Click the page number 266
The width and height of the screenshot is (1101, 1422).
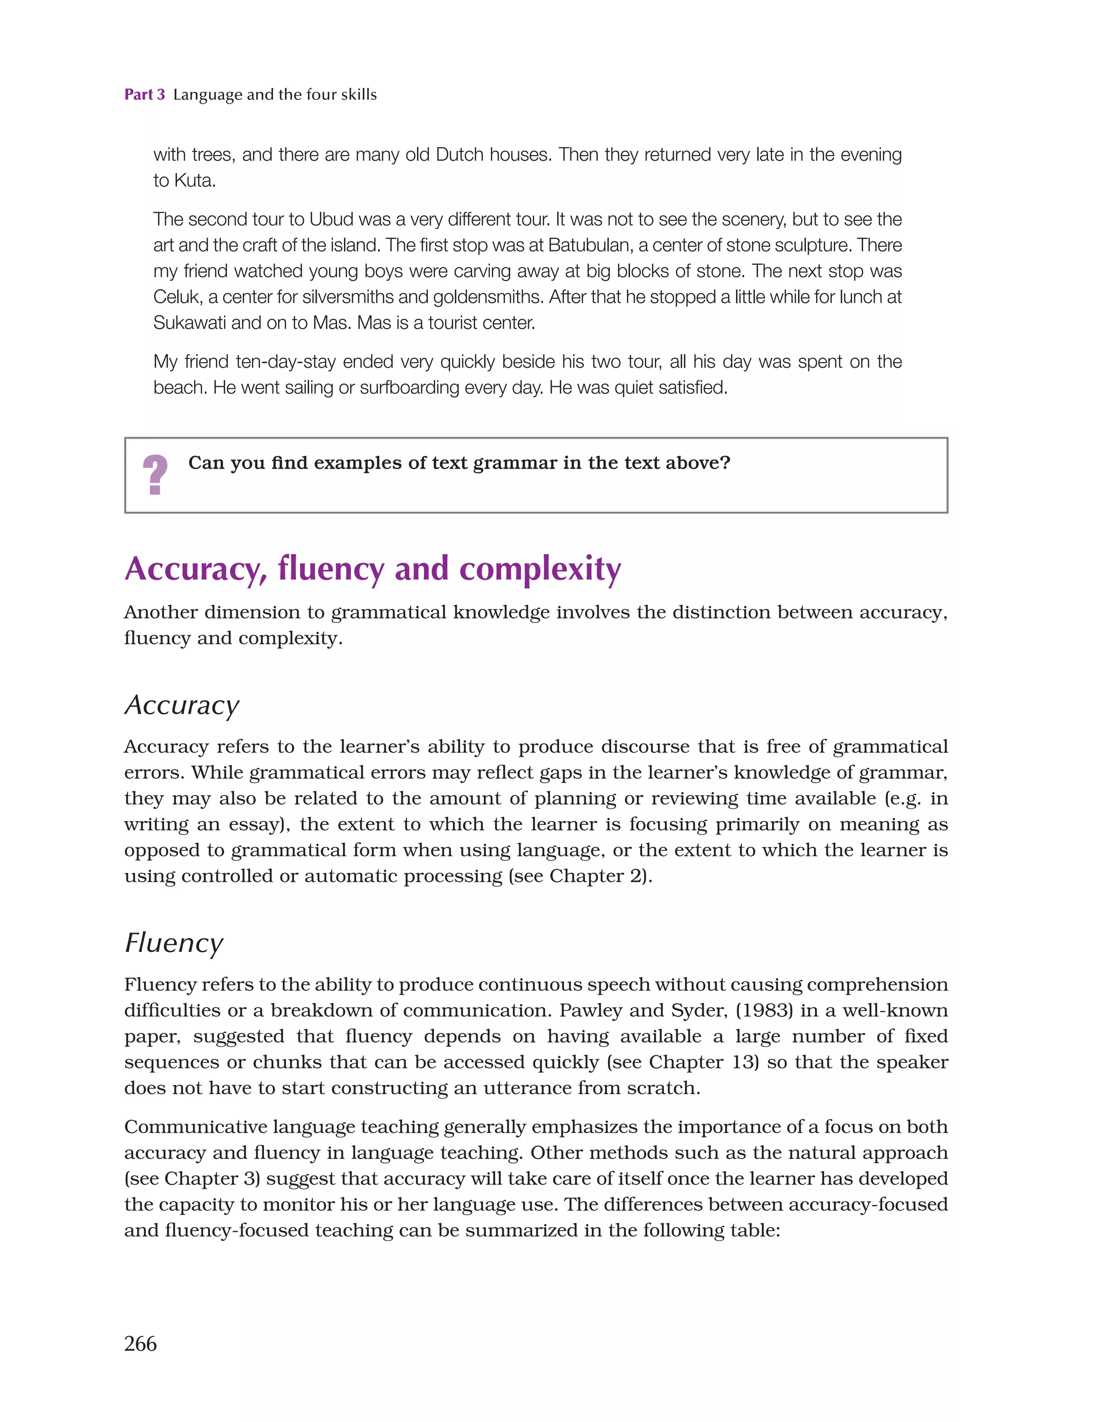click(140, 1343)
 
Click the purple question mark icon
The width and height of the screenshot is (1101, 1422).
click(155, 475)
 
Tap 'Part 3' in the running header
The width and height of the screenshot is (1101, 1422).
click(145, 95)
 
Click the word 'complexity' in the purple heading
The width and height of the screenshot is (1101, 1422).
click(540, 569)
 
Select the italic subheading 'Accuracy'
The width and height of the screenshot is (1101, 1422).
click(182, 705)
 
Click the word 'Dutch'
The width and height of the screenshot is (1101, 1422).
click(459, 155)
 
